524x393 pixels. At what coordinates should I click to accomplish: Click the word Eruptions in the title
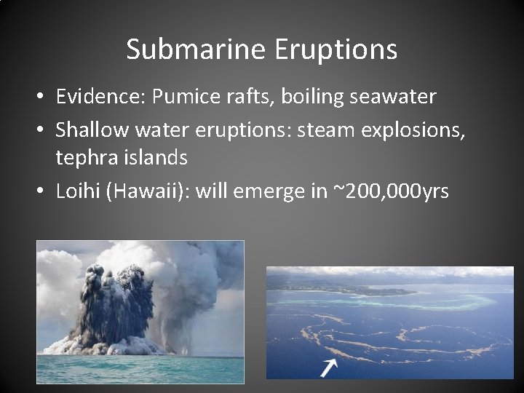point(336,49)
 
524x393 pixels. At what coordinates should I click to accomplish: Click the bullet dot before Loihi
point(44,191)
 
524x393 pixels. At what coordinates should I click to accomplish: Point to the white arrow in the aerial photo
point(329,366)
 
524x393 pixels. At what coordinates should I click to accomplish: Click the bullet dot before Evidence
point(44,97)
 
